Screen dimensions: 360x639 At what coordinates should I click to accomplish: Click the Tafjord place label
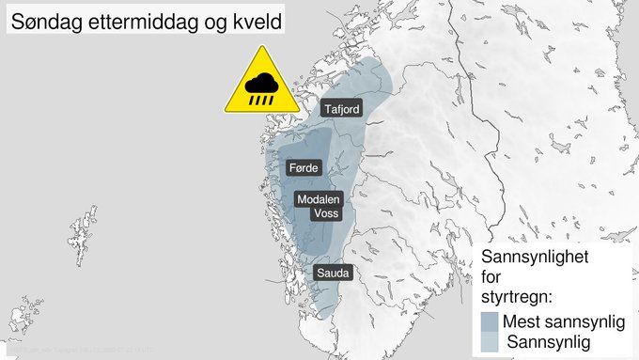pyautogui.click(x=341, y=110)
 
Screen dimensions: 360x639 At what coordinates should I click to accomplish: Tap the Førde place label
pyautogui.click(x=304, y=168)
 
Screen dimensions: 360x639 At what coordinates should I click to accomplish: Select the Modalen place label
pyautogui.click(x=318, y=200)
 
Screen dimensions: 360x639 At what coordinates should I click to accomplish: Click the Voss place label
pyautogui.click(x=325, y=214)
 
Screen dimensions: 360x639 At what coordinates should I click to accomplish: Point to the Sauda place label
pyautogui.click(x=333, y=274)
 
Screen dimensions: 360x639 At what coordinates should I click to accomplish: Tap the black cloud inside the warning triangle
pyautogui.click(x=262, y=83)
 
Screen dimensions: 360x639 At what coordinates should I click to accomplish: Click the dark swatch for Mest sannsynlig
pyautogui.click(x=489, y=322)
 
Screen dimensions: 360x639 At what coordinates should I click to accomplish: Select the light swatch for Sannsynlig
pyautogui.click(x=489, y=342)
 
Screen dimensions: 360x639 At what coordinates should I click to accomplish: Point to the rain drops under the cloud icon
pyautogui.click(x=262, y=96)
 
